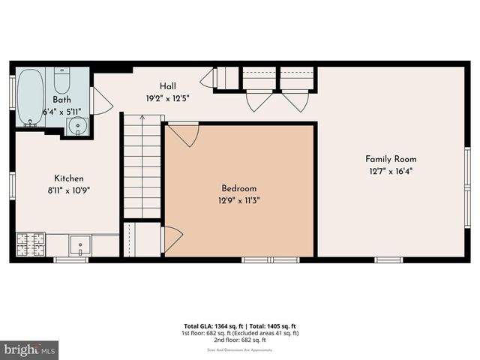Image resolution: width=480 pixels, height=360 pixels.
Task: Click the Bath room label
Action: click(61, 100)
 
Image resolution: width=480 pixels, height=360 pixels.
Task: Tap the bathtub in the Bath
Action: click(31, 97)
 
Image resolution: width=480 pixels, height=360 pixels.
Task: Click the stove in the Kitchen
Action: click(31, 244)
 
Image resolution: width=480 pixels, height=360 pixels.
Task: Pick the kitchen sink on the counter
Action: click(79, 244)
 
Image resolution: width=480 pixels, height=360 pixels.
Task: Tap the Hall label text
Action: click(168, 86)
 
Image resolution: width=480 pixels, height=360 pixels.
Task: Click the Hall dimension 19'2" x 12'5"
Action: click(168, 97)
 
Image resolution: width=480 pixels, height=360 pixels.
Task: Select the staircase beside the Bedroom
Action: click(142, 166)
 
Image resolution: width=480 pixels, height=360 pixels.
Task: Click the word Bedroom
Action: click(239, 188)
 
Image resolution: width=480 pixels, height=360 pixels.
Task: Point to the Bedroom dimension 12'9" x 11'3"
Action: click(239, 199)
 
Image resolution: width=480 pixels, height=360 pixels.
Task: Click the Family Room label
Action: click(391, 159)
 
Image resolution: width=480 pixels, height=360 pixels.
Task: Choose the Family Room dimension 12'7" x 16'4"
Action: click(391, 170)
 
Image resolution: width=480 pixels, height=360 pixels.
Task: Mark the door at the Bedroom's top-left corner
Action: click(183, 135)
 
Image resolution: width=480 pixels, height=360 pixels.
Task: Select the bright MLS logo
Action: click(30, 349)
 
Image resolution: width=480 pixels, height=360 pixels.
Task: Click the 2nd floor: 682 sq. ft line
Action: click(241, 339)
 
